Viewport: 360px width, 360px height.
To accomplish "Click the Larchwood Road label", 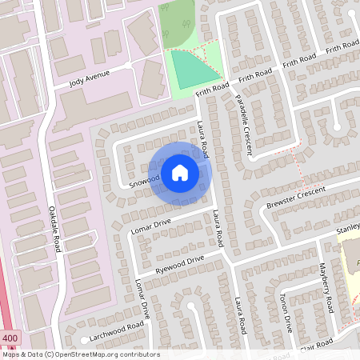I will click(x=117, y=328).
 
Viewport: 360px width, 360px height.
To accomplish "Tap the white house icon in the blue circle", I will click(x=180, y=172).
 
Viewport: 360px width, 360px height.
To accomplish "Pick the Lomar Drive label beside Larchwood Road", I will click(x=142, y=300).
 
